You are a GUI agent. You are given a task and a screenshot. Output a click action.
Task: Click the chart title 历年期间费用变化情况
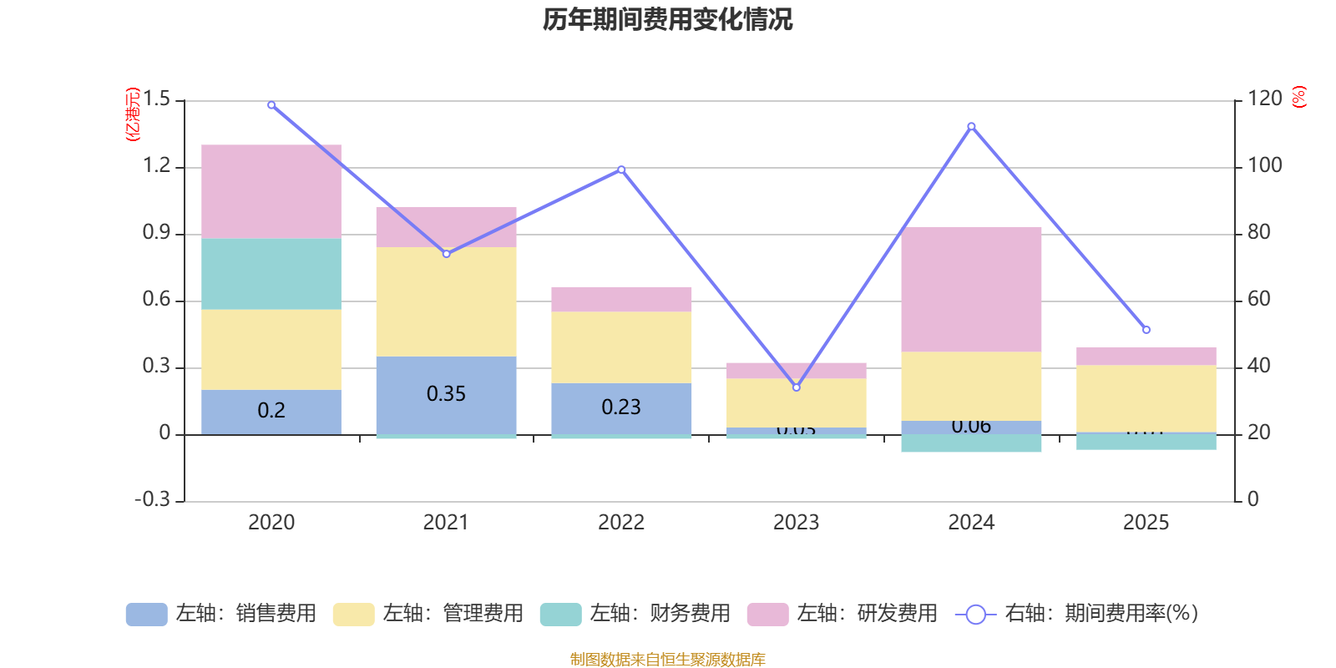(667, 19)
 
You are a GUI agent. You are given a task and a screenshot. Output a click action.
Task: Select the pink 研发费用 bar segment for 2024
(971, 289)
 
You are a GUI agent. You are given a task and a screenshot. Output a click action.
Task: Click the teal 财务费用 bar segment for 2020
(271, 274)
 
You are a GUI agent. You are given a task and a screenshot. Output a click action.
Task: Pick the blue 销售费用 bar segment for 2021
(446, 394)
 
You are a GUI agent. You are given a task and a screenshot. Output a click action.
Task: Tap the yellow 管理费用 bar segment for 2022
(621, 347)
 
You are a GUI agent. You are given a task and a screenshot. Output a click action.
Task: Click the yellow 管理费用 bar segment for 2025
(1146, 398)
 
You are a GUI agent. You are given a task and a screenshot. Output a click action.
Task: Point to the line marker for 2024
(971, 127)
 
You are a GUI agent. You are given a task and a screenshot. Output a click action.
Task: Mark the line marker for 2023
(796, 387)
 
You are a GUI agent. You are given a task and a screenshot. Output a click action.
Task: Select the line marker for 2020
(271, 105)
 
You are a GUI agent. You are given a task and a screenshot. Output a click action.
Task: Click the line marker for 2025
(1146, 330)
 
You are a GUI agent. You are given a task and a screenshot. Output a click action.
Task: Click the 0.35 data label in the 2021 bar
(446, 394)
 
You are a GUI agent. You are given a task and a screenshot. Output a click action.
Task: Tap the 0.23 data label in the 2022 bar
(621, 407)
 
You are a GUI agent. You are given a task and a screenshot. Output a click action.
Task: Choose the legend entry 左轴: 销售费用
(221, 614)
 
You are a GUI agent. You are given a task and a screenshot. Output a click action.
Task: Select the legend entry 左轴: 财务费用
(635, 614)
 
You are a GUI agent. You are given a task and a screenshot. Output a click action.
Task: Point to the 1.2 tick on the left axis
(156, 166)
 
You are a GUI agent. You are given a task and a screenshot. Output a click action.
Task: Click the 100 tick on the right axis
(1264, 165)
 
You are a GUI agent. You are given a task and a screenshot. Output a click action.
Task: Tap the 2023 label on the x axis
(796, 523)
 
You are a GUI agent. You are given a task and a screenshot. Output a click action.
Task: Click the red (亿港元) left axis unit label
(132, 114)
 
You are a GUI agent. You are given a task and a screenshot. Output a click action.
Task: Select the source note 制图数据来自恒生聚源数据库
(667, 660)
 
